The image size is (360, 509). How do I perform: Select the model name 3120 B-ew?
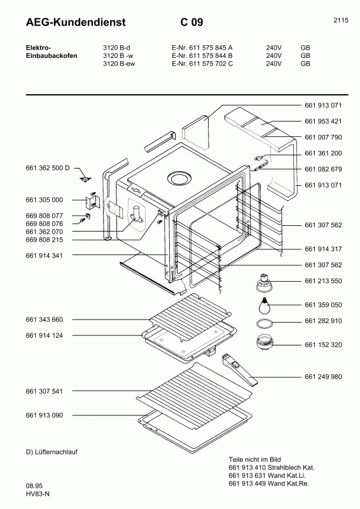point(119,64)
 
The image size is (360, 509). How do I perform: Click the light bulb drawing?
point(263,303)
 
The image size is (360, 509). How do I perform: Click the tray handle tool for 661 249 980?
point(240,370)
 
